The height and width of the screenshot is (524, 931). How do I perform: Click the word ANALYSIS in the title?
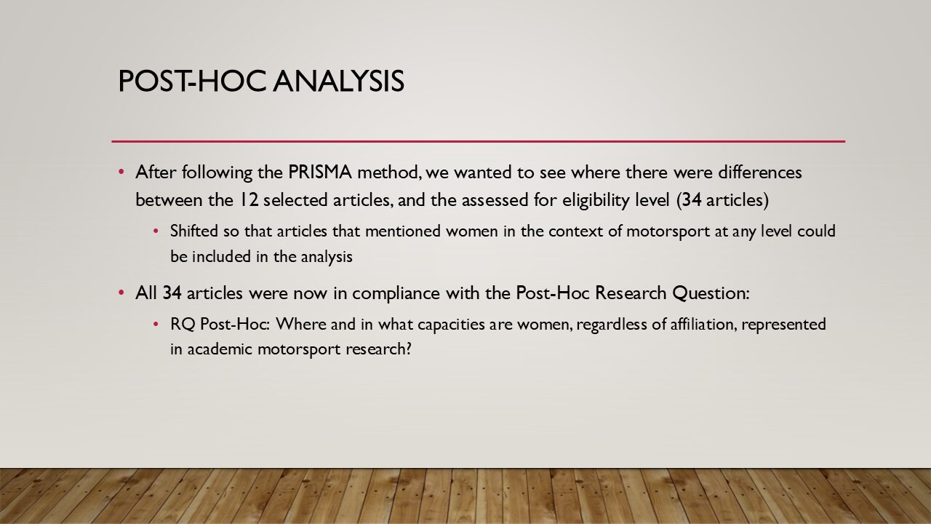[x=339, y=81]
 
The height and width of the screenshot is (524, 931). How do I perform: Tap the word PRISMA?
[x=320, y=172]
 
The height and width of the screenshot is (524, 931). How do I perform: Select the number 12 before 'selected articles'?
[x=248, y=200]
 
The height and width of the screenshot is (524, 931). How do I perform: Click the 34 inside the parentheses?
[x=692, y=200]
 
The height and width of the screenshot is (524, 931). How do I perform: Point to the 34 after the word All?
[x=172, y=293]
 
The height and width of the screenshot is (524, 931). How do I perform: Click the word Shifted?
[x=194, y=231]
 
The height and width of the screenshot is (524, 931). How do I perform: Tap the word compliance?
[x=396, y=294]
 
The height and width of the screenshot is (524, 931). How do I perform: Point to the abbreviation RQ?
[x=183, y=325]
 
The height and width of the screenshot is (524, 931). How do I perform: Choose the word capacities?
[x=451, y=325]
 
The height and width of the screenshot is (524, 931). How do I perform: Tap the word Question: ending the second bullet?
[x=711, y=293]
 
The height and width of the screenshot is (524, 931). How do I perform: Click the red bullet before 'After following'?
[x=121, y=172]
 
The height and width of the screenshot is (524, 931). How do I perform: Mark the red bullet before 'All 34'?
[x=121, y=293]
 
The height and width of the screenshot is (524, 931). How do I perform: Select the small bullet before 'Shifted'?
[x=156, y=231]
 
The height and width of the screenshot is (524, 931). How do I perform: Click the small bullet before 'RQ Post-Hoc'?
[x=156, y=324]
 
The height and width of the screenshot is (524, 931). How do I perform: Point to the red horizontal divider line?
[x=479, y=141]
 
